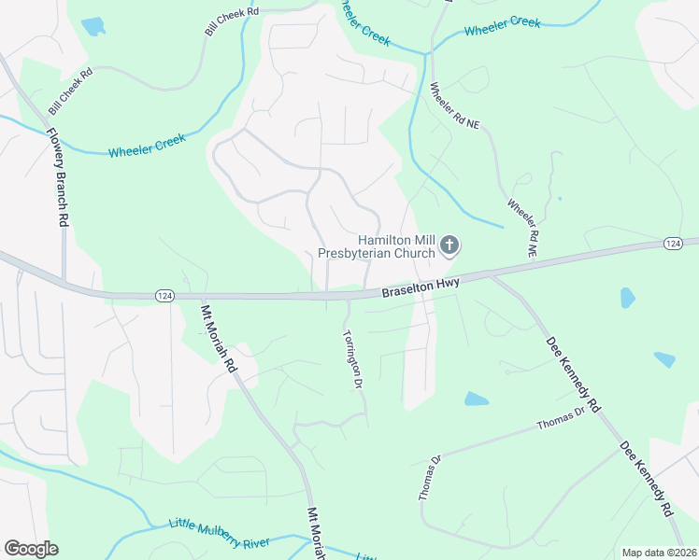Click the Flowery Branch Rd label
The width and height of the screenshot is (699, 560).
pos(58,176)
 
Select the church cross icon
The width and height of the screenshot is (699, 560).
pos(449,246)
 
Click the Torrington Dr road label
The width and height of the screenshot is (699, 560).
pos(352,357)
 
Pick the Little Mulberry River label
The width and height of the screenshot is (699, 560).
pos(219,533)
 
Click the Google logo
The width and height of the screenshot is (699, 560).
pos(31,549)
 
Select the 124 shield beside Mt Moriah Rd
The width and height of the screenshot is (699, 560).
pos(164,296)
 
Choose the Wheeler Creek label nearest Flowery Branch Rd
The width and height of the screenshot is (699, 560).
pos(147,145)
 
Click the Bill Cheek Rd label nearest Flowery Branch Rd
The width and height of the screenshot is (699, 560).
pos(71,91)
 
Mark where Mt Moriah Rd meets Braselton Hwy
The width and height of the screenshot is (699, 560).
pos(198,297)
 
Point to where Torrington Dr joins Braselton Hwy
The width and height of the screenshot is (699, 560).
pos(348,298)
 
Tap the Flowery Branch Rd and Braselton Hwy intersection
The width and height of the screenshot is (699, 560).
pos(64,283)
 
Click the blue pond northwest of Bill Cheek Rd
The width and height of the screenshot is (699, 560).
pos(93,26)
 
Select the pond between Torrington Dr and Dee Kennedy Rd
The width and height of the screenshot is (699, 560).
pos(476,399)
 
